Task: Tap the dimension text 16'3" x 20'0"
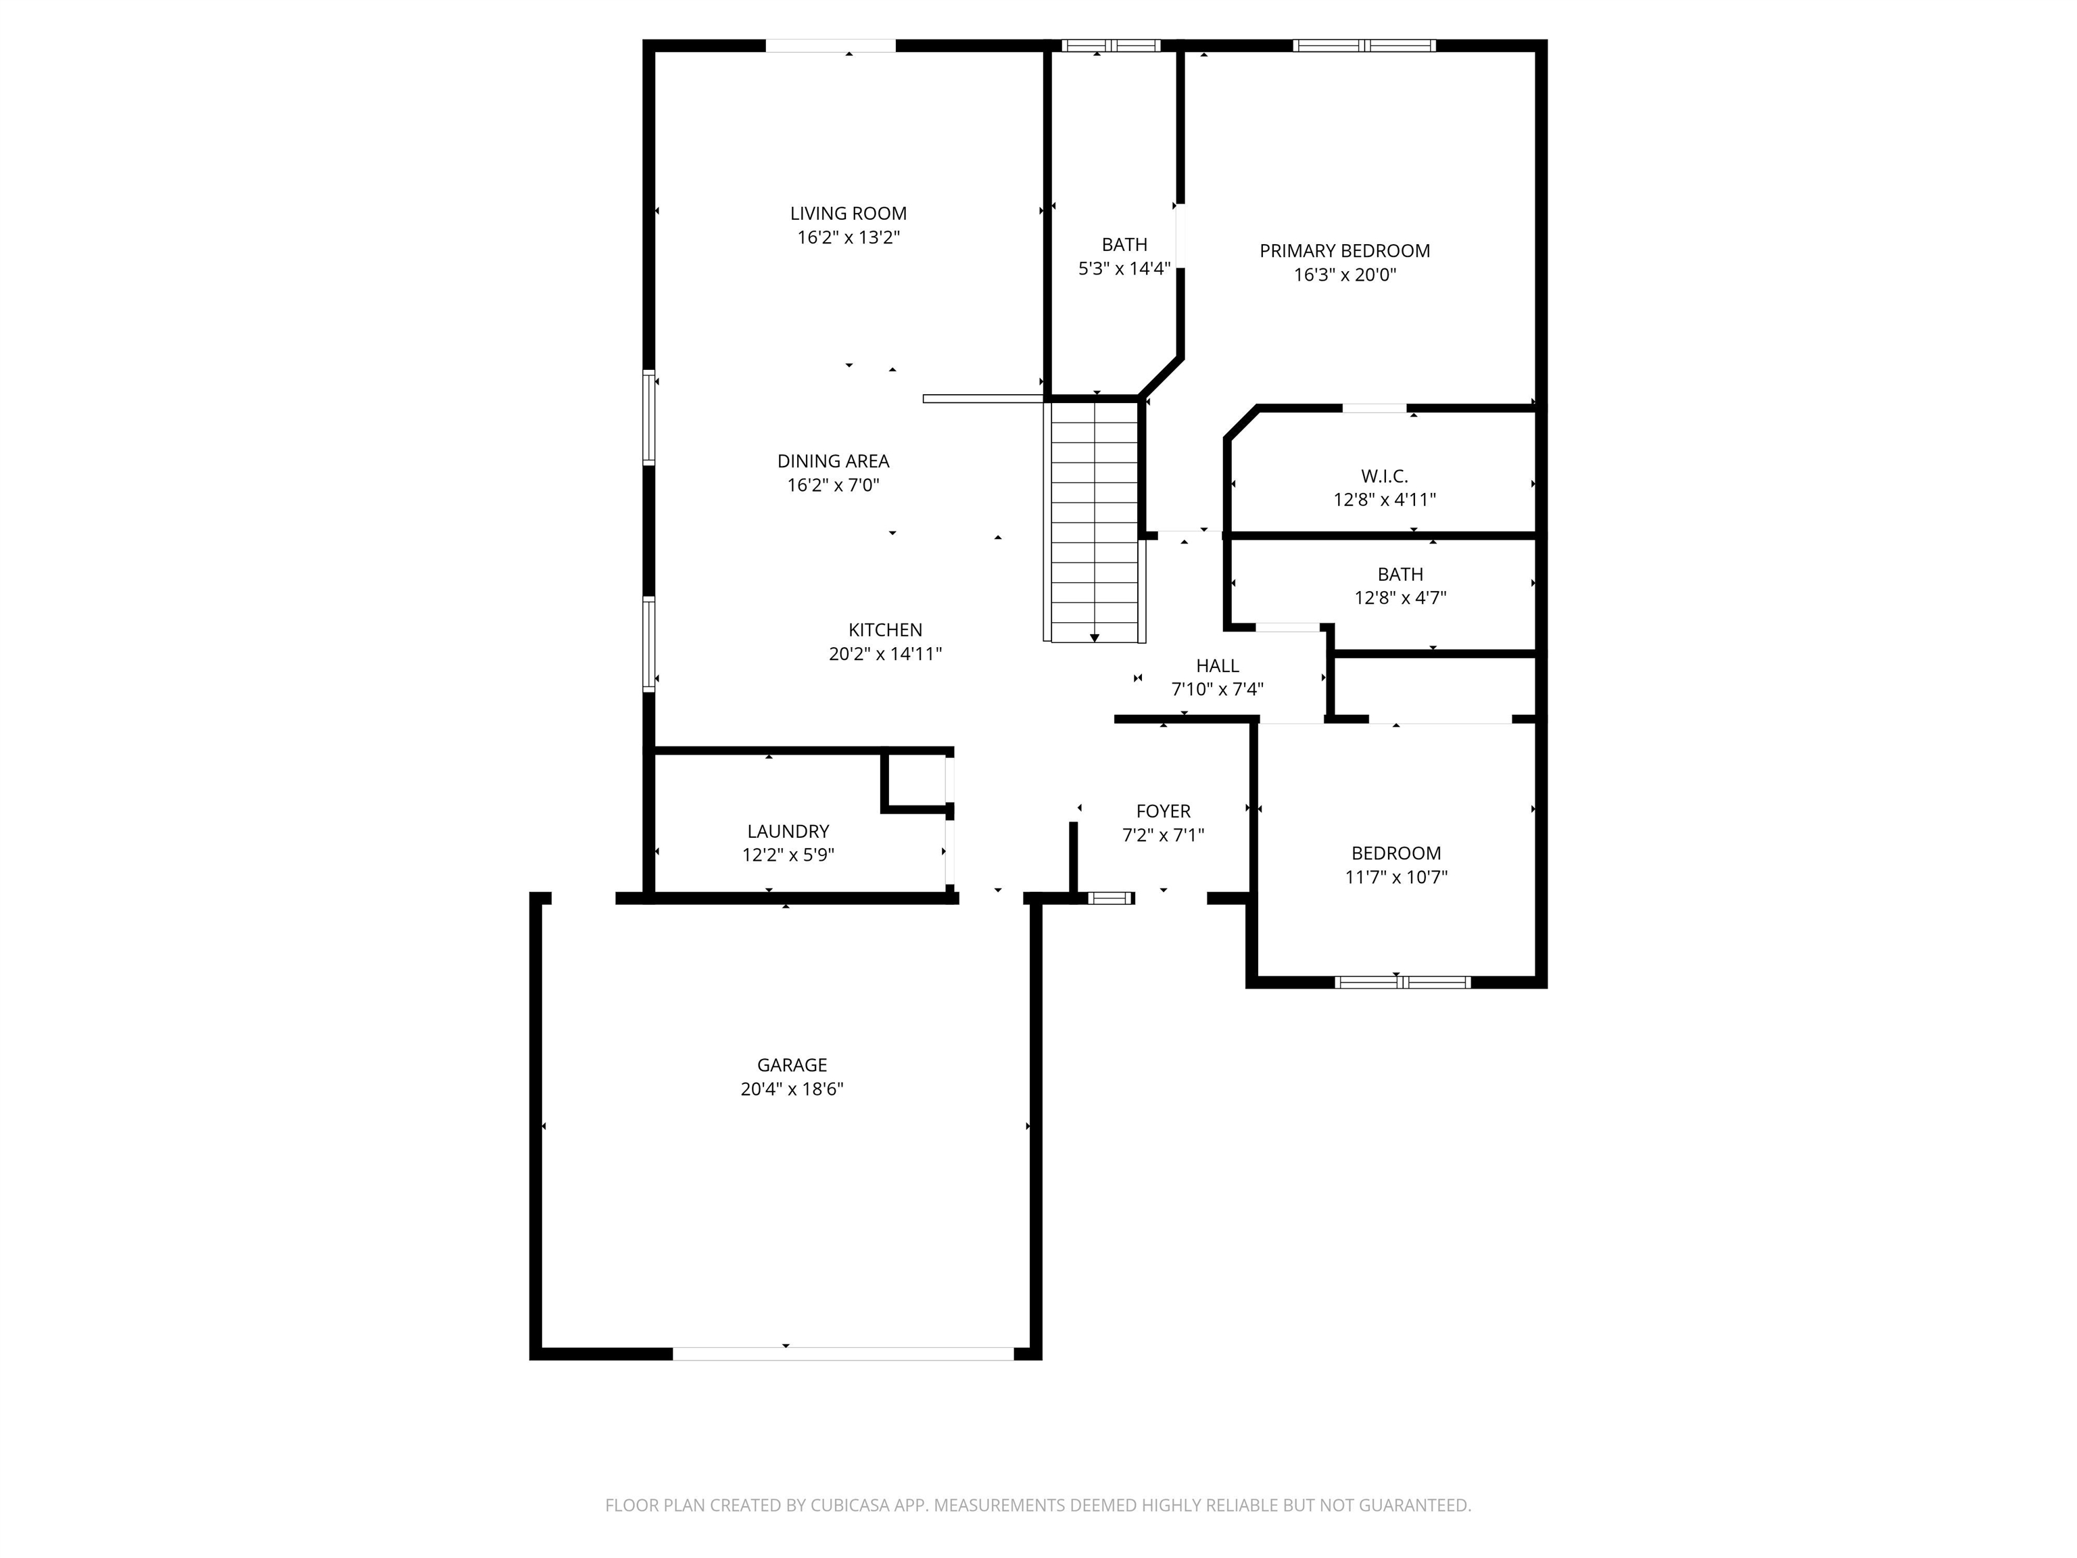[1345, 275]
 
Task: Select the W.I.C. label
[1384, 476]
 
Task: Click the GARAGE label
[792, 1065]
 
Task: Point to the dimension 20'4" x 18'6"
[792, 1089]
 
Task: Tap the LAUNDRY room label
[788, 831]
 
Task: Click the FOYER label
[1162, 811]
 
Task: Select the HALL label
[1217, 666]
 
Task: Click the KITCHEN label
[884, 630]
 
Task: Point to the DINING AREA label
[833, 461]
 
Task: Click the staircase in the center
[1094, 521]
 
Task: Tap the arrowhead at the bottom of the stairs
[1094, 638]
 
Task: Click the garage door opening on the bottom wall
[842, 1353]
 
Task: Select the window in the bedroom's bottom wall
[1402, 983]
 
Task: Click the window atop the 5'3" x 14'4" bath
[1111, 45]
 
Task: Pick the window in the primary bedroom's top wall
[1364, 45]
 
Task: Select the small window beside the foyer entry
[1111, 899]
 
